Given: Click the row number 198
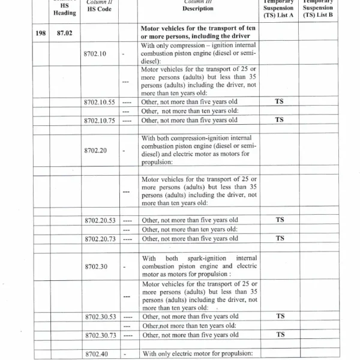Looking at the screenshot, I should point(41,34).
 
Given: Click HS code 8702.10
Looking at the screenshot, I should point(95,54).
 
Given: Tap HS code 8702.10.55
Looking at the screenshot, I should point(100,102).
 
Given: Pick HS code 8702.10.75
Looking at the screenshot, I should point(100,120).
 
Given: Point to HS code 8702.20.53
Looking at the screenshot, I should point(100,220).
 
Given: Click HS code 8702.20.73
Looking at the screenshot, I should point(100,239).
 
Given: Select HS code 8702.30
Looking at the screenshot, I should point(95,266).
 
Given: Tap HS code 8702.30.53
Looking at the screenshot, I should point(100,316).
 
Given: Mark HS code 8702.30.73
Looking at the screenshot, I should point(100,335).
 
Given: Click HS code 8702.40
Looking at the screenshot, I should point(95,353).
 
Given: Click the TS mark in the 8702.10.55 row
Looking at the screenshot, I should point(279,101).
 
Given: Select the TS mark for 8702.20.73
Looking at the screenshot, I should point(279,238).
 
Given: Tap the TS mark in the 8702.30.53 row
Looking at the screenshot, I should point(279,316).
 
